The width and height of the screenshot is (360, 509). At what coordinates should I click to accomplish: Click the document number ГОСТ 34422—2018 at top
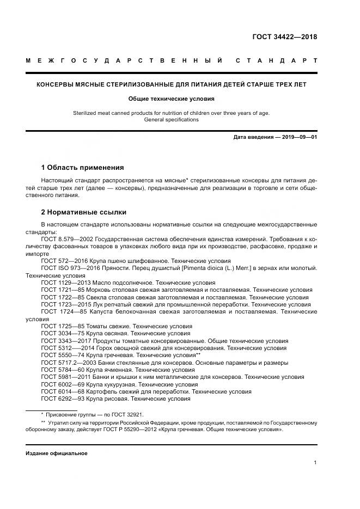point(284,37)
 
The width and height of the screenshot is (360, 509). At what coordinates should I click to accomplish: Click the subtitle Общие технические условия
point(172,99)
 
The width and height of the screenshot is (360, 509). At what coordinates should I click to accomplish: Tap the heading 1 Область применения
point(82,167)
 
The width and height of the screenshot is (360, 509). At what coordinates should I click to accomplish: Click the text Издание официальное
point(56,453)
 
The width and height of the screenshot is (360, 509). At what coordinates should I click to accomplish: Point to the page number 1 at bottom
point(315,462)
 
